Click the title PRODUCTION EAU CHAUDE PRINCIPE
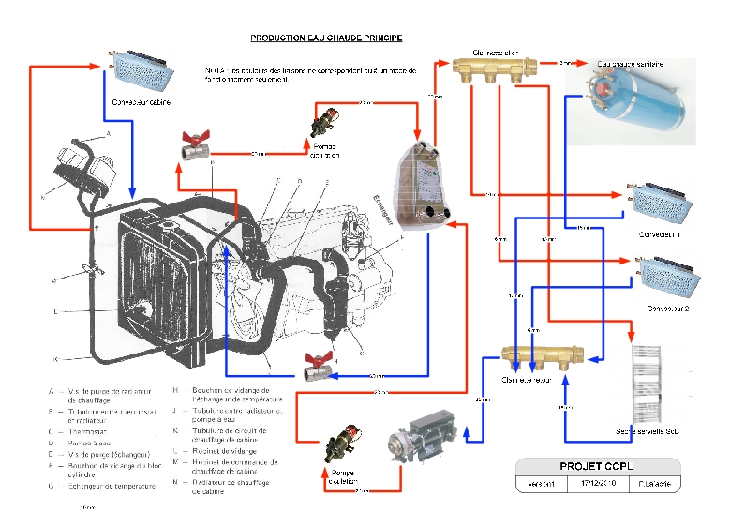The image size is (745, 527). tap(326, 38)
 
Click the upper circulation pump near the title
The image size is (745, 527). tap(324, 126)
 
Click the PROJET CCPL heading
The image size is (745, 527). tap(597, 466)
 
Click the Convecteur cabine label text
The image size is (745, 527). tap(141, 100)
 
